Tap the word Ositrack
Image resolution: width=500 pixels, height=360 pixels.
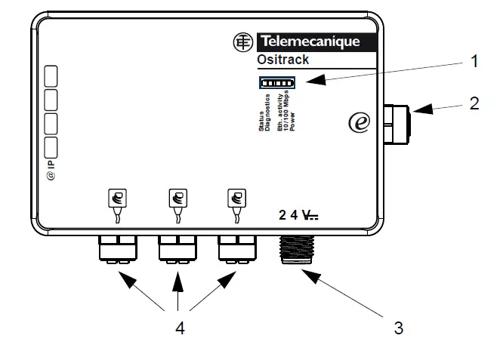(283, 60)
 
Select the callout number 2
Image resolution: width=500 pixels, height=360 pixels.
(474, 103)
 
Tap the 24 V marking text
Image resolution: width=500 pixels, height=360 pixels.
(298, 215)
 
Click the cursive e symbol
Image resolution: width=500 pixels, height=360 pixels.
(360, 121)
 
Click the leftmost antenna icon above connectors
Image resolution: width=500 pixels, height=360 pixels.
(118, 198)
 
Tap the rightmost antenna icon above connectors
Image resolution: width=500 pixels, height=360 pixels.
(236, 198)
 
